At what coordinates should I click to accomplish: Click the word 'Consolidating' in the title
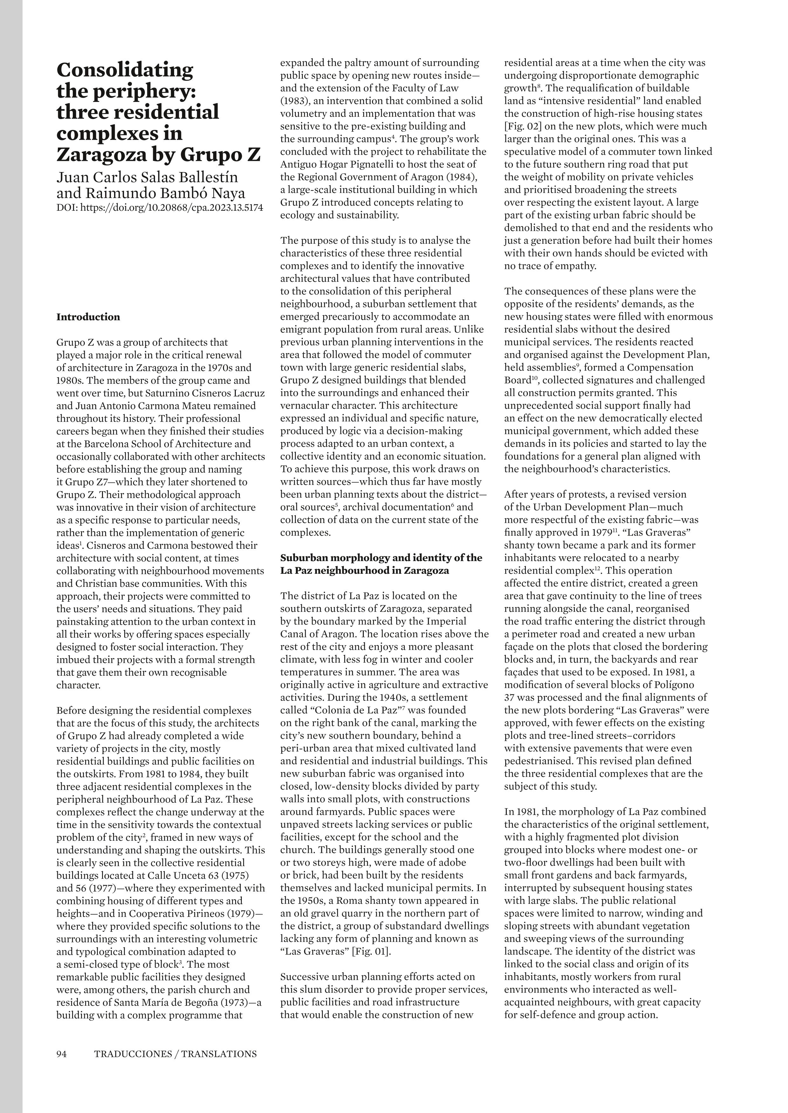click(125, 70)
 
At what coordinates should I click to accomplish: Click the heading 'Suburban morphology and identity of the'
click(381, 558)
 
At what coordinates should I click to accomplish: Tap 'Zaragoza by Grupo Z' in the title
click(159, 154)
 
